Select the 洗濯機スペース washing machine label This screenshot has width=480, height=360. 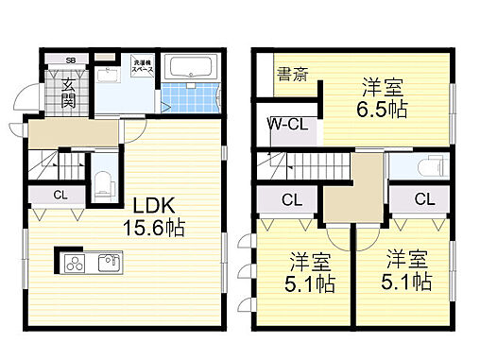[x=142, y=67]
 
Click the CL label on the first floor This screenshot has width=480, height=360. [x=60, y=197]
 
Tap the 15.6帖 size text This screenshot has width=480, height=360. [x=153, y=228]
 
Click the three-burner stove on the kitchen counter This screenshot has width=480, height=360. [x=74, y=262]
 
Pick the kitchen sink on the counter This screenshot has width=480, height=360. [x=107, y=262]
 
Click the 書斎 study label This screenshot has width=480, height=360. [x=290, y=74]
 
